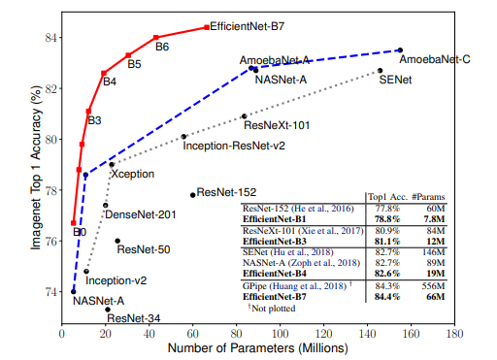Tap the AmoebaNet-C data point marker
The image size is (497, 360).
[400, 50]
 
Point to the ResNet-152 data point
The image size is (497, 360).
[192, 195]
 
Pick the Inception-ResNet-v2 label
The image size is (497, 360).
[234, 146]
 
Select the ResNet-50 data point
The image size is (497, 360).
[117, 241]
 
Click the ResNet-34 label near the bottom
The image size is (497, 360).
[134, 317]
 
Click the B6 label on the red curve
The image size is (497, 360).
[162, 47]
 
